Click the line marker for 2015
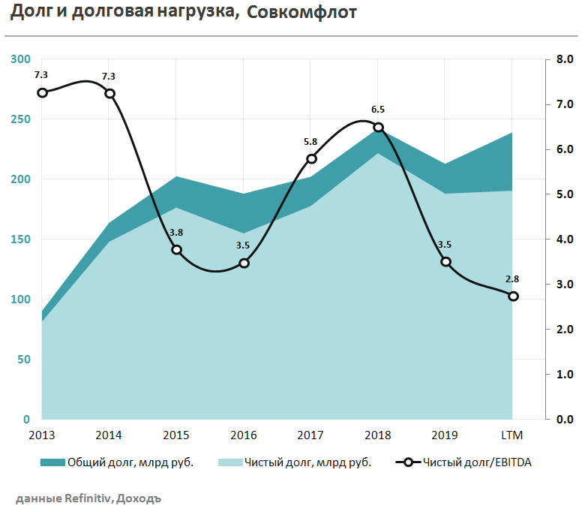[177, 249]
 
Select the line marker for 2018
[379, 128]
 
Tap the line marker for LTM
[513, 296]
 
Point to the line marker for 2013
[43, 92]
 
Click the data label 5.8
[310, 141]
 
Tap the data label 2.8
[513, 279]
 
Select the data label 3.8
[176, 232]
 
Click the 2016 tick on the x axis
[244, 435]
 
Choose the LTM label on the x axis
[512, 435]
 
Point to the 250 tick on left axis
[21, 119]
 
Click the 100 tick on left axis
[21, 300]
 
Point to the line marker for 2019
[445, 262]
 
